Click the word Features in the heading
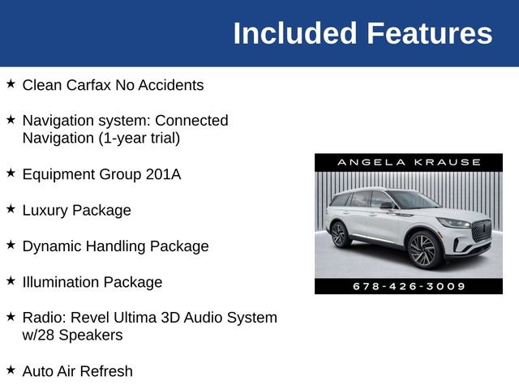tap(429, 33)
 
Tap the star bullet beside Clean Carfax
tap(11, 83)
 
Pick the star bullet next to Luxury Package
tap(11, 208)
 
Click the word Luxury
tap(45, 210)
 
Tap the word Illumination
tap(60, 282)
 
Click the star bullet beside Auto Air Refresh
tap(11, 370)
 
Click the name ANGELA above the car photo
tap(364, 162)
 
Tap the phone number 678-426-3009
tap(409, 286)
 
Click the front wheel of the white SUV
tap(425, 250)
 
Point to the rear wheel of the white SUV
tap(340, 235)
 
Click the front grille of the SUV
tap(481, 230)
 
